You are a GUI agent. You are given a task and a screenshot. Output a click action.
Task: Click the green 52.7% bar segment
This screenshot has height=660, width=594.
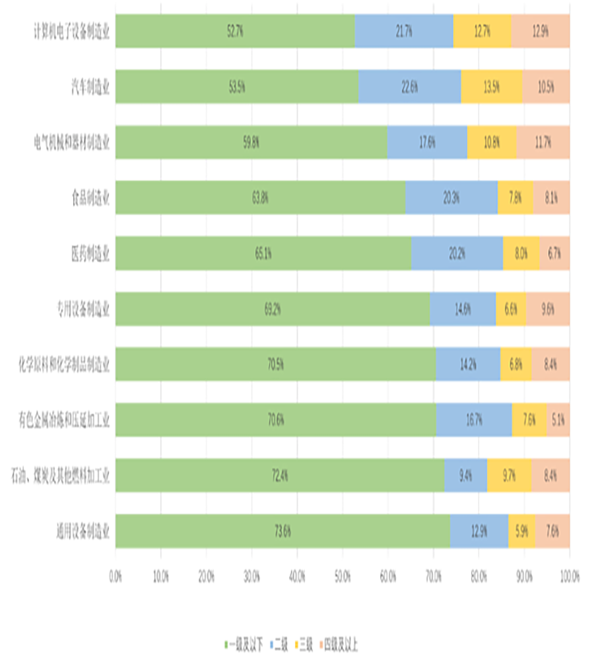tap(235, 30)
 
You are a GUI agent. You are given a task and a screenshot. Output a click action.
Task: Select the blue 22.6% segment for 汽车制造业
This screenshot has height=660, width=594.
tap(410, 86)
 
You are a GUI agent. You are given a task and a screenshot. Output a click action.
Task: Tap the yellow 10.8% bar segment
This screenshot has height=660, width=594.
tap(492, 141)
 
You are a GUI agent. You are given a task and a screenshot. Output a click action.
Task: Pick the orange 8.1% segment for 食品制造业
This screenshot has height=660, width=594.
tap(551, 197)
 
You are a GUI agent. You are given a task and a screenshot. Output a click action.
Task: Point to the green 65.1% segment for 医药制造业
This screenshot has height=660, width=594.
tap(263, 253)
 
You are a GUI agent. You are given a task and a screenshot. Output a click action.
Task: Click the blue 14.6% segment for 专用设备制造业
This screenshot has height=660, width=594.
tap(463, 308)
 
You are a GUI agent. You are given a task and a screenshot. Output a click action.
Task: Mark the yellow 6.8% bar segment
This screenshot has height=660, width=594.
tap(515, 364)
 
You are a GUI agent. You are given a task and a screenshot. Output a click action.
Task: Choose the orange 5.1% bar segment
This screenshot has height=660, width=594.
tap(558, 419)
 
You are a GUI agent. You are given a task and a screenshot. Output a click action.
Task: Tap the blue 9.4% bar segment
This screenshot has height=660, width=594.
tap(465, 475)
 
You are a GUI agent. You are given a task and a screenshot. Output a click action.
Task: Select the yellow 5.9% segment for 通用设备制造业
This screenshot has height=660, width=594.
tap(521, 530)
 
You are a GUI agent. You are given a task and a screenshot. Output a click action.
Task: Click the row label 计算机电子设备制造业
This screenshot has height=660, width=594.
tap(72, 30)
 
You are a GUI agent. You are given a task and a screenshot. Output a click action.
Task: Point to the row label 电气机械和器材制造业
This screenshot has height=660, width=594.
tap(72, 141)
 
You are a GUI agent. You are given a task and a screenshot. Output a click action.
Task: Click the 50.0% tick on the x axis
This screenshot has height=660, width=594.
tap(343, 576)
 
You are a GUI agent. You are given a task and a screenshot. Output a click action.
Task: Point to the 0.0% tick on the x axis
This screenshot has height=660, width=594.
tap(116, 576)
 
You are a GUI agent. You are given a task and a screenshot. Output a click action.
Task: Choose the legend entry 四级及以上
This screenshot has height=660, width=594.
tap(341, 642)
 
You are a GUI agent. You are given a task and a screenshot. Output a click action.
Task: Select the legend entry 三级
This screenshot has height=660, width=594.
tap(304, 642)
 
